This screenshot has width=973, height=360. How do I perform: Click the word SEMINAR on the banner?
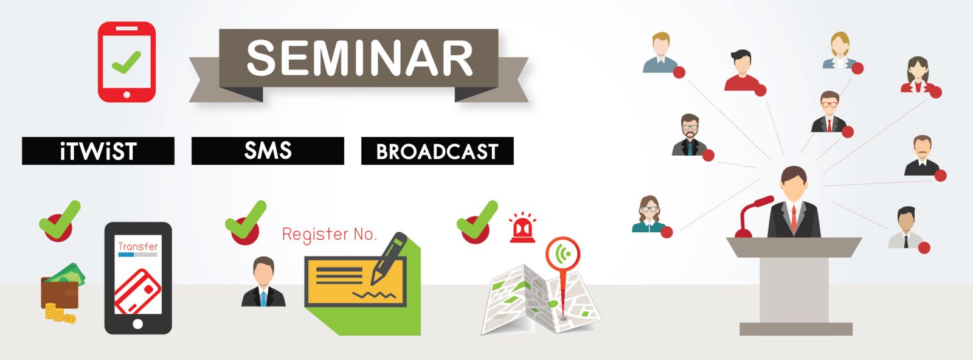click(359, 58)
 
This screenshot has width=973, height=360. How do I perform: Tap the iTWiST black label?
click(98, 151)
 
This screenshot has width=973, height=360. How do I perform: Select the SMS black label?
click(268, 151)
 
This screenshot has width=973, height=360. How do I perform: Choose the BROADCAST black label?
click(437, 151)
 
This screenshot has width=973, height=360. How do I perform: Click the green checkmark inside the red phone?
click(126, 62)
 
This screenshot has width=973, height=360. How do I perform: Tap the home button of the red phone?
click(127, 95)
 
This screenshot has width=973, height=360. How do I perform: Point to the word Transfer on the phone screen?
click(137, 247)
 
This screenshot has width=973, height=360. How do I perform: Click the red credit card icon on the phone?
click(137, 291)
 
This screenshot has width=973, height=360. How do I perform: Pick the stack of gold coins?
click(58, 314)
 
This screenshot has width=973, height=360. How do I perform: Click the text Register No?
click(329, 234)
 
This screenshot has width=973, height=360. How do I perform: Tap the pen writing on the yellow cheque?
click(389, 258)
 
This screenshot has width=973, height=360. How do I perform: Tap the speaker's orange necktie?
click(794, 219)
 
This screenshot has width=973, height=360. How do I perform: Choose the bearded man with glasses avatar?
click(690, 135)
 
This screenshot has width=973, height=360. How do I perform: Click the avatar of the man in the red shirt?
click(742, 71)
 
